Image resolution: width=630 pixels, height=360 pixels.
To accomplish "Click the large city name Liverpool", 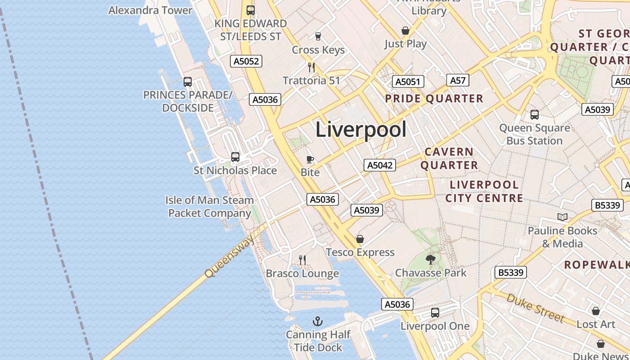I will [x=361, y=130].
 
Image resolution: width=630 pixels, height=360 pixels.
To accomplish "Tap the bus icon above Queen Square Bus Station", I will [x=534, y=115].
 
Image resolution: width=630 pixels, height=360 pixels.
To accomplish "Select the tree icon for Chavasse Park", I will [x=431, y=259].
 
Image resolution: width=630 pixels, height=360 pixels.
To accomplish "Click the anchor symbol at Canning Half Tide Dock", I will [x=318, y=321].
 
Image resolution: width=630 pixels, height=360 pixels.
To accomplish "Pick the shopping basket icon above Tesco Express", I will [x=360, y=239].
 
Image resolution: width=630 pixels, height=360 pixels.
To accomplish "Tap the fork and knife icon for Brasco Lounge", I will [x=302, y=260].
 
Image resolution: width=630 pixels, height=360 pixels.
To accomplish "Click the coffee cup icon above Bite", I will [x=310, y=159].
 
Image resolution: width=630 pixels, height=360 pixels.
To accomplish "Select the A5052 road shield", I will [x=246, y=61].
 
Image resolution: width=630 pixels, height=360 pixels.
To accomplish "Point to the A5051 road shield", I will [x=408, y=81].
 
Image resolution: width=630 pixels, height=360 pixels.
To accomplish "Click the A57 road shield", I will [x=458, y=80].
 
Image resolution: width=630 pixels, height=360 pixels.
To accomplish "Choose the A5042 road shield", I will [x=380, y=165].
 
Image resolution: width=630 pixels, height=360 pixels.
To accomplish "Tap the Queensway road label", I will [x=229, y=256].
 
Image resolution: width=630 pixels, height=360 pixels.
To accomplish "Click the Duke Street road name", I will [x=535, y=308].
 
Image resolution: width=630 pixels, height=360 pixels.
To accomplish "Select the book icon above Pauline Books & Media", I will [x=562, y=217].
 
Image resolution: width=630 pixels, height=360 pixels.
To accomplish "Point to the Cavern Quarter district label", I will [x=449, y=158].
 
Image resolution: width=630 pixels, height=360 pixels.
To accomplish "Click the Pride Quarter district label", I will [x=434, y=99].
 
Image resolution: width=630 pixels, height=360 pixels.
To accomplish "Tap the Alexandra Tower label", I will [x=150, y=10].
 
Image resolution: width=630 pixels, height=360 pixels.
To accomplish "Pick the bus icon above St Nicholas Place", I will [x=235, y=157].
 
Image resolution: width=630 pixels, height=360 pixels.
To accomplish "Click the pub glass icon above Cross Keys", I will [x=318, y=36].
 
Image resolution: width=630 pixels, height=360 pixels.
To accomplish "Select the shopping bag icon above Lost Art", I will [x=596, y=311].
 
